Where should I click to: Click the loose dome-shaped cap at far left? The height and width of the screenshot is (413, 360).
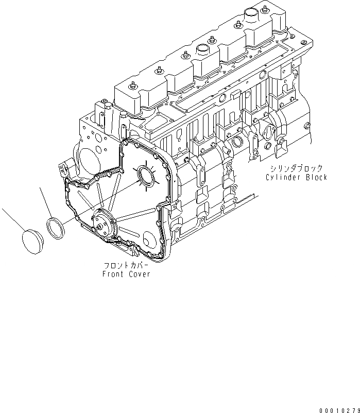point(35,240)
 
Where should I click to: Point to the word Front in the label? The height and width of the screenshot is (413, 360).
point(112,274)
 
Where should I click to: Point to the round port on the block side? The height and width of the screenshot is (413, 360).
point(237,142)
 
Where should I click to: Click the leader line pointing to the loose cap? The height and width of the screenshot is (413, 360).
point(12,219)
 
